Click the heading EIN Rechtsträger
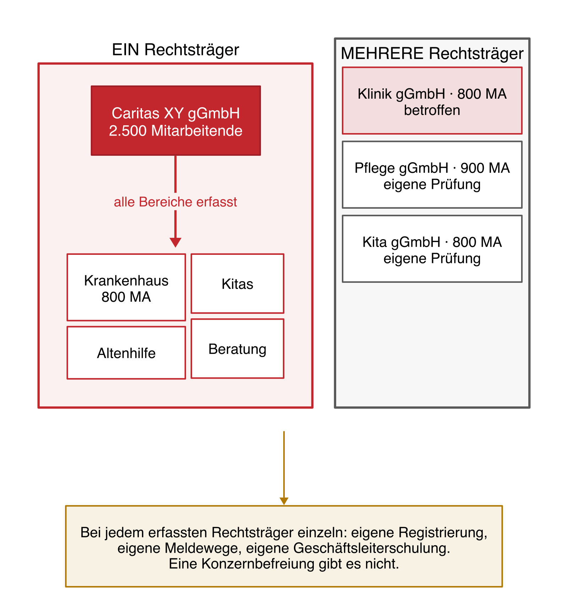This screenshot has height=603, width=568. click(175, 50)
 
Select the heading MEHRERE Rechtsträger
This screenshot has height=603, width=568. click(432, 54)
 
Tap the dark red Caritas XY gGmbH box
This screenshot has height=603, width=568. click(176, 121)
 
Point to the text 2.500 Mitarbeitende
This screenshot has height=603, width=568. click(176, 131)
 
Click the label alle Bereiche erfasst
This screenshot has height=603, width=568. click(175, 202)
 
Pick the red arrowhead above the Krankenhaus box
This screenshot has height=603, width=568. click(175, 242)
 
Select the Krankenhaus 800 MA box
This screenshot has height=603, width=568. click(126, 287)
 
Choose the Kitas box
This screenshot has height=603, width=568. click(237, 284)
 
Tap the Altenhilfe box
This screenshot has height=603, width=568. click(126, 353)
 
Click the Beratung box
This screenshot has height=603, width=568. click(237, 349)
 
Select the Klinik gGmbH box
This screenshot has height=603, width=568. click(432, 101)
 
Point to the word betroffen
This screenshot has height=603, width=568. click(432, 110)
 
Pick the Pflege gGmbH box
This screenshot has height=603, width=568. click(432, 175)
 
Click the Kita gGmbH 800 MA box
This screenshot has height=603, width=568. click(432, 249)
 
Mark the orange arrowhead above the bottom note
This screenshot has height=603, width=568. click(284, 501)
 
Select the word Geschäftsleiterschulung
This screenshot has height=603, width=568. click(372, 548)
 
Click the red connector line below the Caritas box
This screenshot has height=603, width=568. click(175, 174)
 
